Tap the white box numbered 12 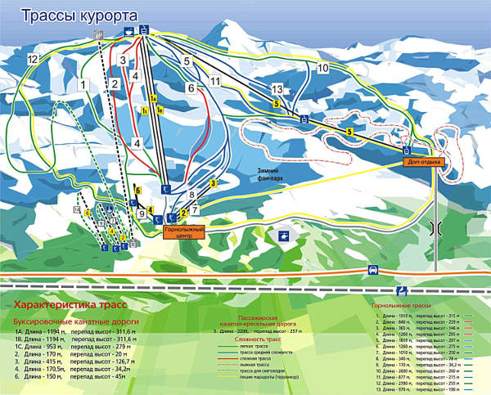32,60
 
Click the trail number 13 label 277,88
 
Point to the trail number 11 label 214,82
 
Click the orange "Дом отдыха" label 424,162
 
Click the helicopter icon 282,236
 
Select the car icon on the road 372,269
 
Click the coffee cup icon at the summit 128,31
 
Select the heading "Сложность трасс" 257,338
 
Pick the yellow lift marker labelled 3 213,184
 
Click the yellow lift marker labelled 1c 144,110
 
